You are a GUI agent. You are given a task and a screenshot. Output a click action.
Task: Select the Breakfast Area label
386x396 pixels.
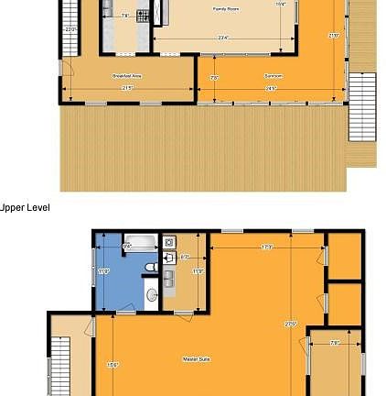coord(127,76)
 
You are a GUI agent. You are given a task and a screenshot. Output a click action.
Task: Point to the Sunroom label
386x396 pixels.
coord(272,76)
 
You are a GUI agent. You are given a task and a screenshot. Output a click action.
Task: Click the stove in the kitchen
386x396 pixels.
coord(142,16)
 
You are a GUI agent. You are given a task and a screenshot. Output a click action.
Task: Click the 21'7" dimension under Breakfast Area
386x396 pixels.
coord(127,88)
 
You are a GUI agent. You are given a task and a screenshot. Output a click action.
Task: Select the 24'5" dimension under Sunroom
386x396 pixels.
coord(272,88)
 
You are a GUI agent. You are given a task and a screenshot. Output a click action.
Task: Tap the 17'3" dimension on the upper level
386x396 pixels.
coord(266,246)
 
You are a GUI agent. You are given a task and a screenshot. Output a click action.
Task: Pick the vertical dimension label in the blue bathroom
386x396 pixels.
coord(103,270)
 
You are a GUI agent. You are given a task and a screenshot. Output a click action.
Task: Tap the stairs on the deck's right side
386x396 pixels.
coord(362,105)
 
